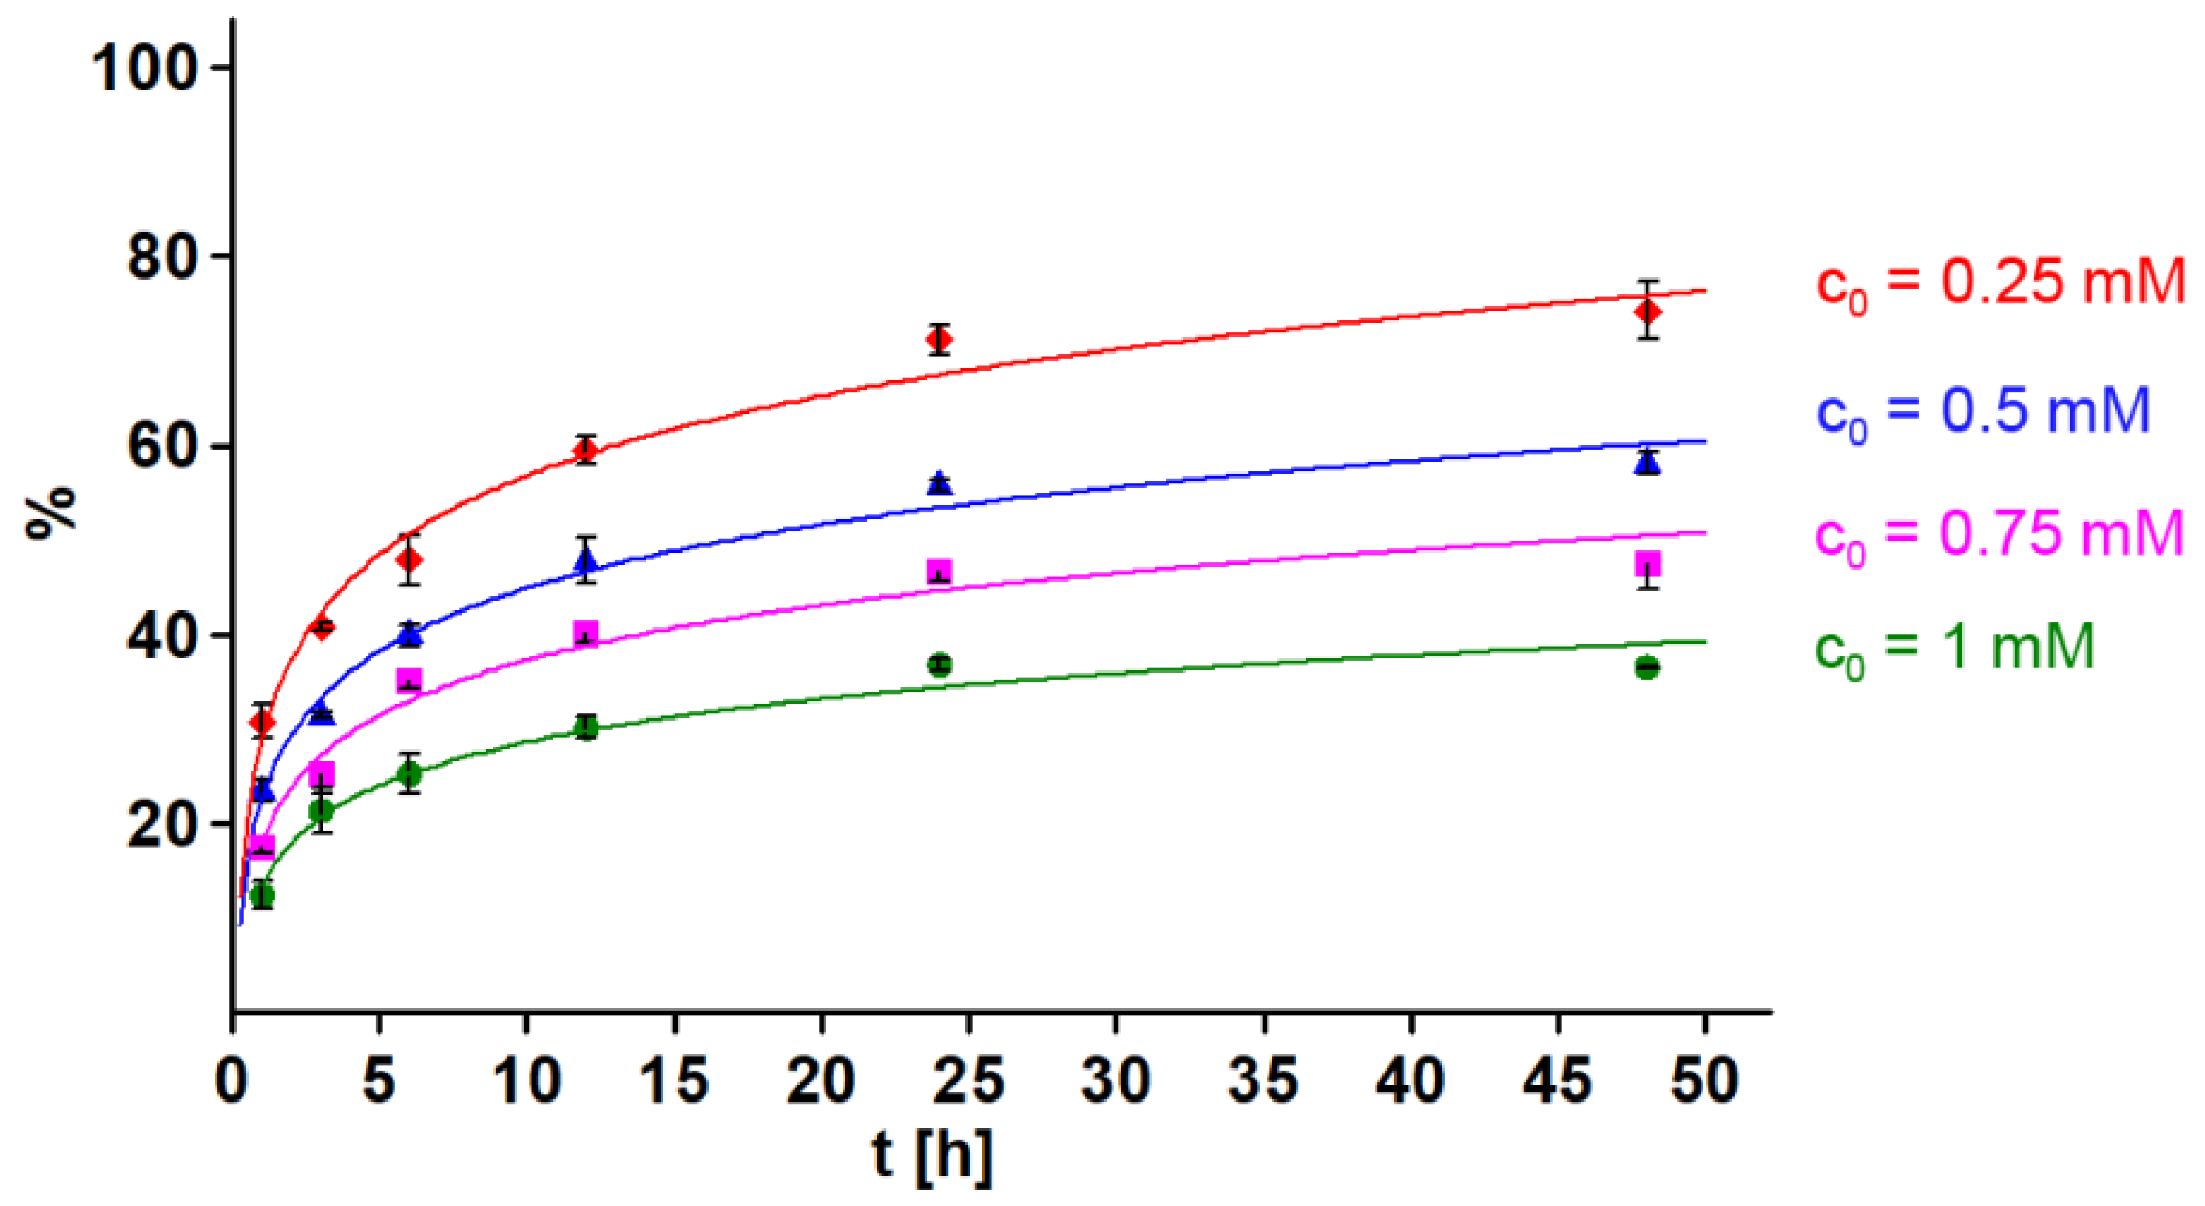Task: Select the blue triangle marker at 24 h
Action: pos(940,482)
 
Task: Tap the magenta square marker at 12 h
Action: pos(586,633)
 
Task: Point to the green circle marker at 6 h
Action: pos(410,775)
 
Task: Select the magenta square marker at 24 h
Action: pos(940,571)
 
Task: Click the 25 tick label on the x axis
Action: pos(968,1080)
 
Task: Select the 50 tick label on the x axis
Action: pos(1704,1080)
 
